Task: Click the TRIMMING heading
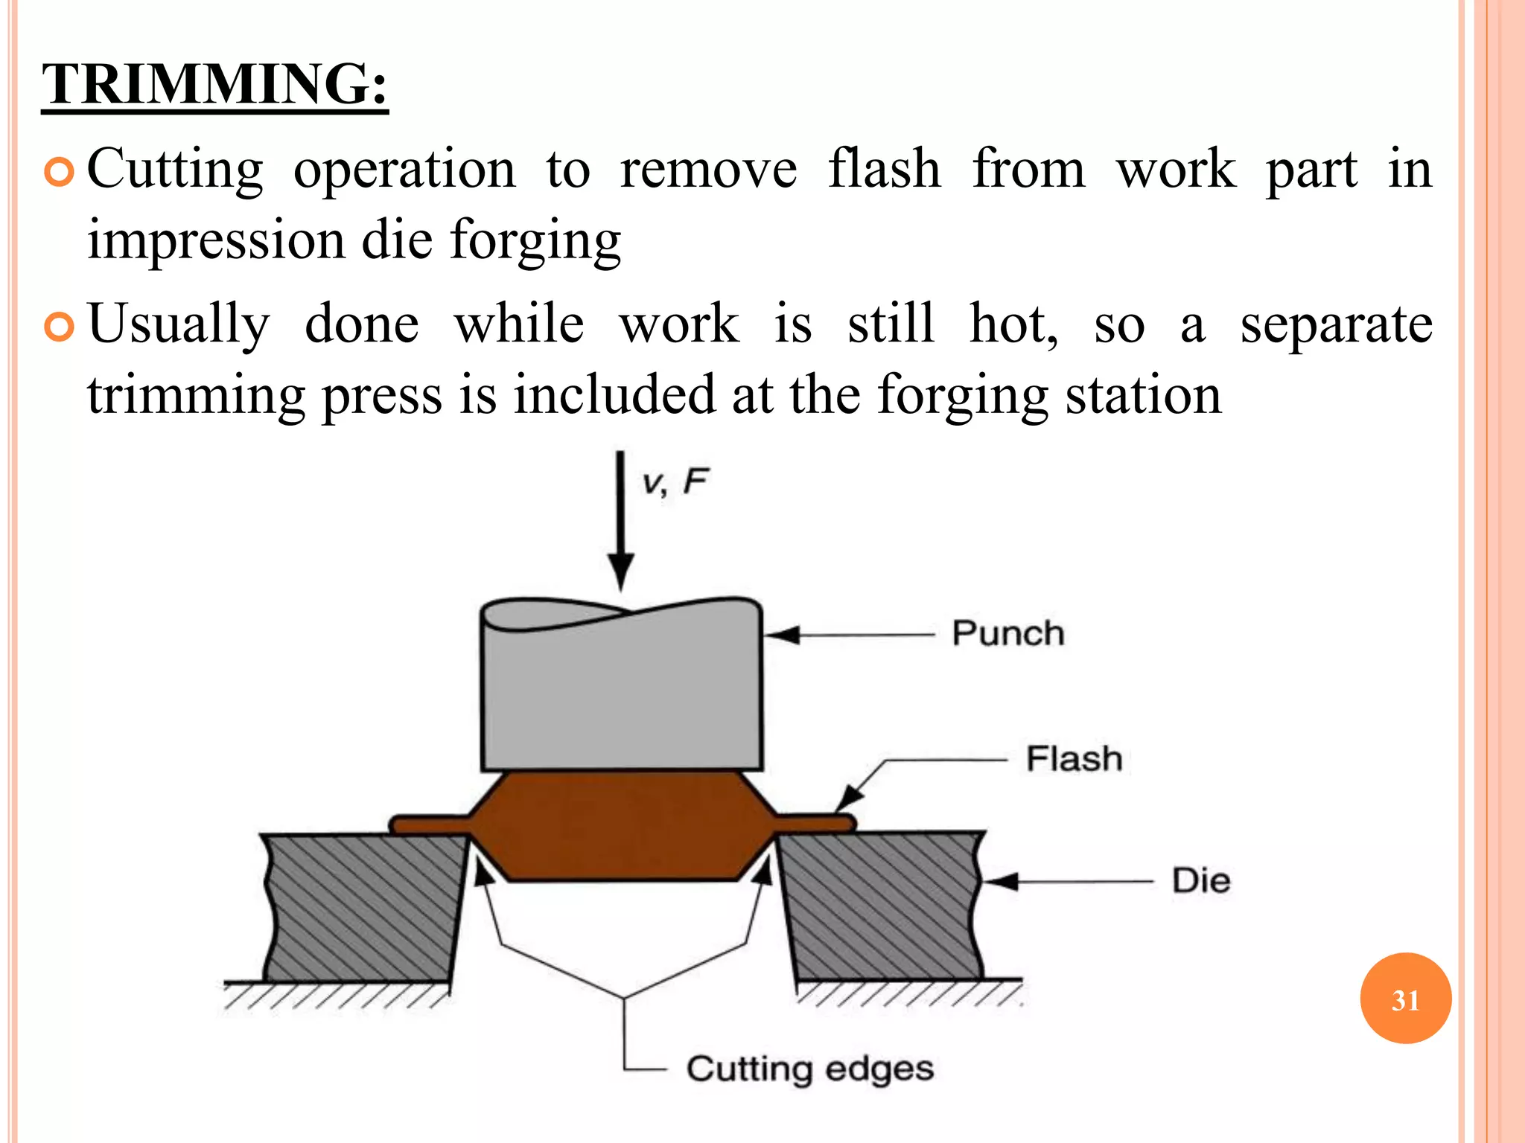(214, 83)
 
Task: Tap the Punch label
(1007, 634)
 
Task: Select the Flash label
(1074, 759)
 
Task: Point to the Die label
(1200, 881)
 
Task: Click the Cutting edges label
(809, 1069)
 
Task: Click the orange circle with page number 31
(1405, 999)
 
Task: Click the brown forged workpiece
(622, 826)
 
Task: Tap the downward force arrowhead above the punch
(620, 573)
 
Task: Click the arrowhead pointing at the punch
(782, 635)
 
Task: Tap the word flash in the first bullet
(884, 169)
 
